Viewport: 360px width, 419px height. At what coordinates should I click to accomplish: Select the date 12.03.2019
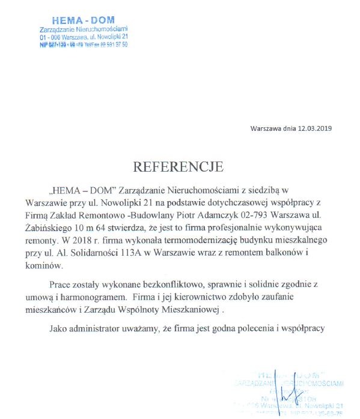pos(317,128)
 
